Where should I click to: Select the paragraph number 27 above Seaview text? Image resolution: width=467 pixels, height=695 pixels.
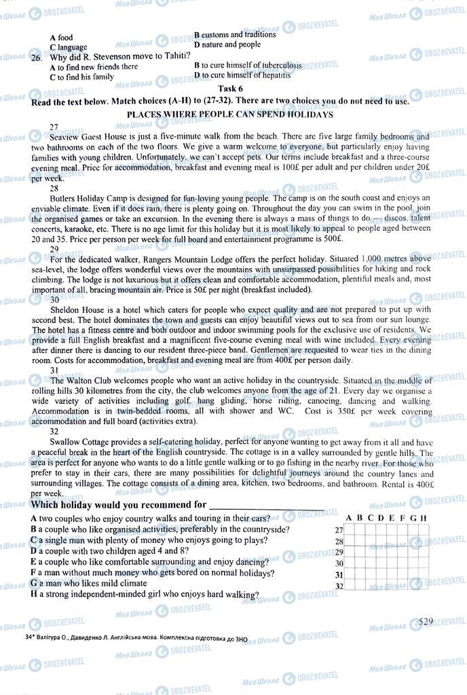pyautogui.click(x=54, y=127)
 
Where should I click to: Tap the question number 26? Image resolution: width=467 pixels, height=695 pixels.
pyautogui.click(x=37, y=58)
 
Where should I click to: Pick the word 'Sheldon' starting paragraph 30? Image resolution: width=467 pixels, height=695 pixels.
pyautogui.click(x=67, y=309)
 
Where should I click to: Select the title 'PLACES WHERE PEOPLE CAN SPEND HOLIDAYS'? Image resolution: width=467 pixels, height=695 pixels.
pyautogui.click(x=230, y=115)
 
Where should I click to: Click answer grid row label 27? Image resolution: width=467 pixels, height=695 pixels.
pyautogui.click(x=339, y=529)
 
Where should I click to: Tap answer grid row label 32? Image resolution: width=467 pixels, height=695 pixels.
pyautogui.click(x=339, y=586)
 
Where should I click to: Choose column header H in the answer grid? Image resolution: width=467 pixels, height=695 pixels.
pyautogui.click(x=424, y=519)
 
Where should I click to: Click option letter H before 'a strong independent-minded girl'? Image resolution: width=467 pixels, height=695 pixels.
pyautogui.click(x=34, y=595)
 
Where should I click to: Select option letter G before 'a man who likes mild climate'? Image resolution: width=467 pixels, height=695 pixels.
pyautogui.click(x=34, y=583)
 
